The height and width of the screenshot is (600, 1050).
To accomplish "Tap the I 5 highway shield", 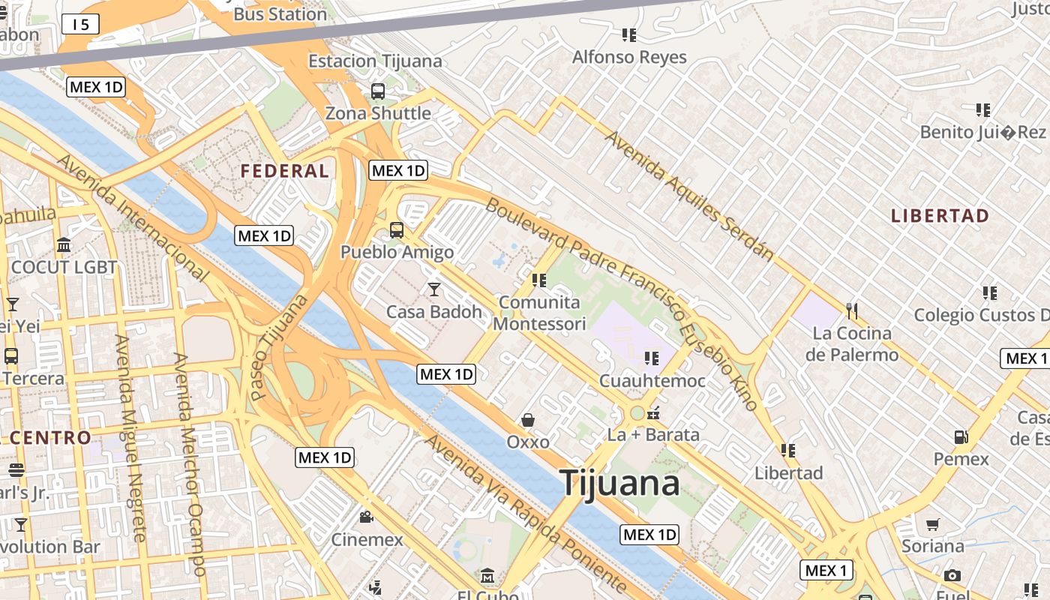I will point(80,25).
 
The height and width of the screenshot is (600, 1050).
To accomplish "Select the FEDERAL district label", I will point(284,171).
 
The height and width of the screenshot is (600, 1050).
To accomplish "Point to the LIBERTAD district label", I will point(940,216).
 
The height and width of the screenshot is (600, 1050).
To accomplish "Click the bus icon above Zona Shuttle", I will point(378,91).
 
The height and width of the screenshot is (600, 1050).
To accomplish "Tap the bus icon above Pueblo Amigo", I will point(396,230).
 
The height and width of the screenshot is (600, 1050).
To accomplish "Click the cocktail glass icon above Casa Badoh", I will point(433,289).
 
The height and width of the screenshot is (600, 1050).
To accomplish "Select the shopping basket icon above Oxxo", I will point(528,420).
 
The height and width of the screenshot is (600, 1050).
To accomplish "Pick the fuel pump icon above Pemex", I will point(961,436).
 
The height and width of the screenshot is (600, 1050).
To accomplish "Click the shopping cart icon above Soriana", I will point(932,524).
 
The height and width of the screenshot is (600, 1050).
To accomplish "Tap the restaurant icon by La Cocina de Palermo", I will point(851,310).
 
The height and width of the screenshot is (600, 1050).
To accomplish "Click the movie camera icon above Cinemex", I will point(366,517).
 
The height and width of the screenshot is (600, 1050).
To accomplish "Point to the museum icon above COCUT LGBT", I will point(64,245).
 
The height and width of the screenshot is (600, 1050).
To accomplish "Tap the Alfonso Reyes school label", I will point(629,57).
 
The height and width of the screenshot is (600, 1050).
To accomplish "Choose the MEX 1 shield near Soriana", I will point(826,571).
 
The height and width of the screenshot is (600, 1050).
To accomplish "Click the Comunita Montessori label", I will point(539,313).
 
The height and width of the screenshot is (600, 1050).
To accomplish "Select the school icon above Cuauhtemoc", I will point(651,358).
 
